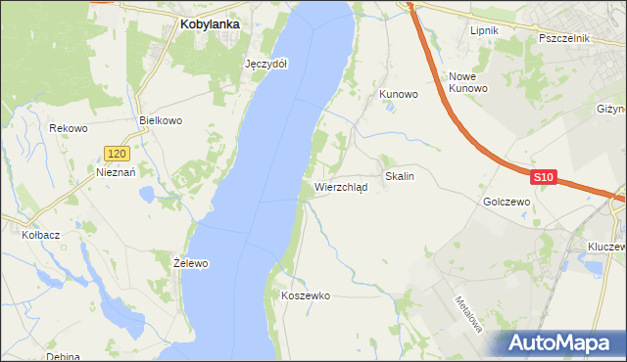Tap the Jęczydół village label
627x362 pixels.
tap(265, 63)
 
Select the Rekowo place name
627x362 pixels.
tap(69, 128)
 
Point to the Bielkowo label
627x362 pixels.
tap(162, 120)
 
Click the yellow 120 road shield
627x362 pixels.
tap(117, 154)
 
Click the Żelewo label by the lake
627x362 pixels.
tap(190, 263)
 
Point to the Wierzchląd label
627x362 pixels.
tap(341, 187)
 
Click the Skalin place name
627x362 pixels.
tap(400, 177)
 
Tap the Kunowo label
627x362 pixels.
tap(399, 94)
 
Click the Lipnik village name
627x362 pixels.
tap(484, 30)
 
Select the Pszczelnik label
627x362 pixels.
tap(563, 38)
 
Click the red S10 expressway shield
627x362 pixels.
tap(545, 177)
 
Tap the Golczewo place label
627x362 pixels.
tap(506, 201)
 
